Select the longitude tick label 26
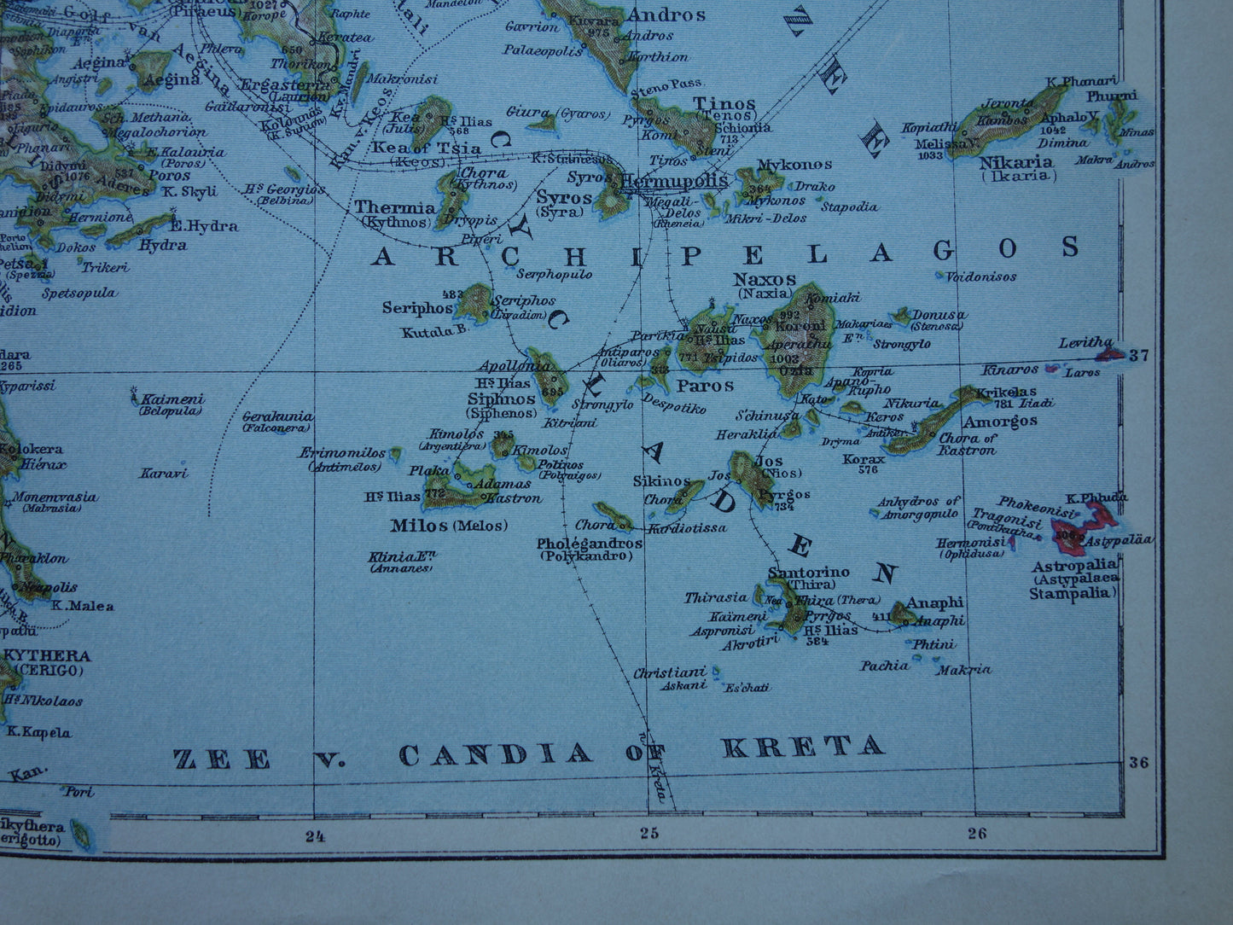[x=977, y=833]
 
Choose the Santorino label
[x=796, y=572]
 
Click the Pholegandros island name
[x=589, y=543]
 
